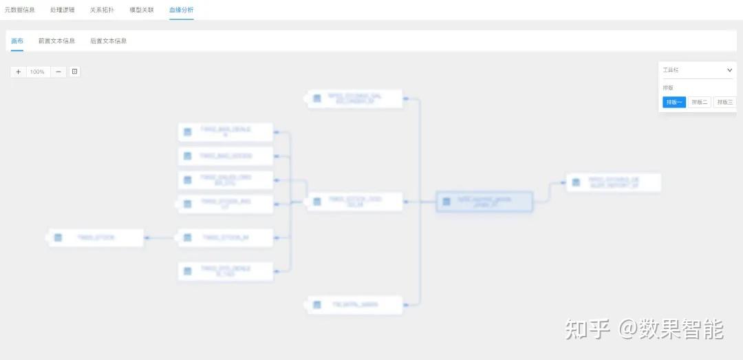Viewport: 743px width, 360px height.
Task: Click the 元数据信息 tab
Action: pyautogui.click(x=20, y=10)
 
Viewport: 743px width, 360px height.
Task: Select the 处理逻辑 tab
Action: pyautogui.click(x=63, y=10)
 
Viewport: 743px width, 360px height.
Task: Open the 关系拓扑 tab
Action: pyautogui.click(x=103, y=10)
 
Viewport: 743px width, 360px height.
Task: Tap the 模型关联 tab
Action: pyautogui.click(x=142, y=10)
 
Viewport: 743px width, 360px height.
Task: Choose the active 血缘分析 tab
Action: pyautogui.click(x=182, y=10)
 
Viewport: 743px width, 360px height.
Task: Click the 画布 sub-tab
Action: pyautogui.click(x=17, y=41)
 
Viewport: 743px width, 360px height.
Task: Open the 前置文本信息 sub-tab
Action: pyautogui.click(x=57, y=41)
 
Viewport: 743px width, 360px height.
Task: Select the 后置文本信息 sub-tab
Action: pyautogui.click(x=109, y=41)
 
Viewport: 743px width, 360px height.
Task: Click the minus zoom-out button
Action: pyautogui.click(x=58, y=72)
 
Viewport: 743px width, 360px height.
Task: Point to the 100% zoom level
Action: pyautogui.click(x=37, y=72)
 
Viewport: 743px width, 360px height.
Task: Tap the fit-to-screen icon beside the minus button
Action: pyautogui.click(x=75, y=72)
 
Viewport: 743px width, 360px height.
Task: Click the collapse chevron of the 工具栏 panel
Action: pyautogui.click(x=730, y=70)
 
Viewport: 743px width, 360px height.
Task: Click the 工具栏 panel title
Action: pyautogui.click(x=671, y=70)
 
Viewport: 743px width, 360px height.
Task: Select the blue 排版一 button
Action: pyautogui.click(x=674, y=102)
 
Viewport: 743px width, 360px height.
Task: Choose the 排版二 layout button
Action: pyautogui.click(x=700, y=102)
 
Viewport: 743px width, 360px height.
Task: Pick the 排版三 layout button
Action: pyautogui.click(x=724, y=102)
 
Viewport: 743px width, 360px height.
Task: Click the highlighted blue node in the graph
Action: pyautogui.click(x=484, y=202)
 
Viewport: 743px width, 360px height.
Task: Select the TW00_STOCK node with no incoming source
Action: pyautogui.click(x=96, y=237)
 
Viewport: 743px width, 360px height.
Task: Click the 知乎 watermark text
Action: pyautogui.click(x=588, y=329)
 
